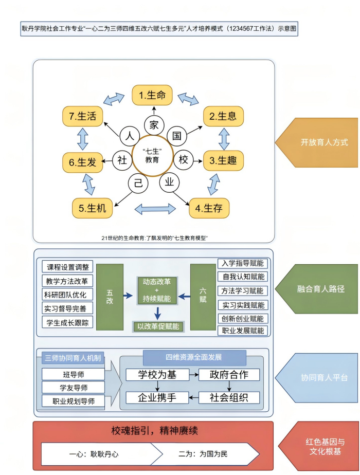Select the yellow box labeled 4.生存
point(209,208)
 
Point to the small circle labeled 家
point(154,125)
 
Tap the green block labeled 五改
point(110,297)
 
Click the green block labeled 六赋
point(203,297)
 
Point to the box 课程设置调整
point(68,267)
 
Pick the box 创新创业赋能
point(243,319)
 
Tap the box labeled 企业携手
point(157,397)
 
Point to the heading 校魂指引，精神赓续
point(154,430)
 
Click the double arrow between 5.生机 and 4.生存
point(155,209)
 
